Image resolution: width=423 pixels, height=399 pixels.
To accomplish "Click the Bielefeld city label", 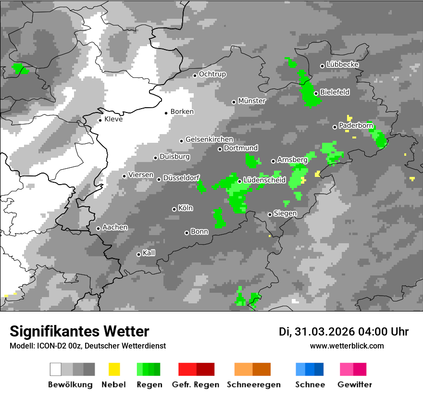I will click(335, 92).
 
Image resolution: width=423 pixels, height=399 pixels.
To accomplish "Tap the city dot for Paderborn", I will click(335, 127).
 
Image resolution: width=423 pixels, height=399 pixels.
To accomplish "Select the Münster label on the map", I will click(252, 101).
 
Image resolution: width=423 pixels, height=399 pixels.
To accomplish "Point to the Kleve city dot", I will click(100, 120).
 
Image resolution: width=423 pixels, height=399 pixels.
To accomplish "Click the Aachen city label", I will click(115, 227).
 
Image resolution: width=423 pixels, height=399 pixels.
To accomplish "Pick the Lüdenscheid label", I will click(264, 180).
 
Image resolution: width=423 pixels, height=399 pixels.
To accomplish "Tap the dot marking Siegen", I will click(270, 214).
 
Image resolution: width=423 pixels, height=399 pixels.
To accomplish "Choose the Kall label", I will click(149, 253).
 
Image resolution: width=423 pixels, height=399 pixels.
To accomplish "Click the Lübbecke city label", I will click(342, 64).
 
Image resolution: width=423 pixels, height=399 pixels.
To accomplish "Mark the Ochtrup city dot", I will click(195, 75).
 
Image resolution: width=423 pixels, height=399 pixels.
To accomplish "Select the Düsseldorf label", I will click(181, 178).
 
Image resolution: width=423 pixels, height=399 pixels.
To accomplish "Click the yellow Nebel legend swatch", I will click(114, 369).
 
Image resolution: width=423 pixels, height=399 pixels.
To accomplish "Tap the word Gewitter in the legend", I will click(355, 385).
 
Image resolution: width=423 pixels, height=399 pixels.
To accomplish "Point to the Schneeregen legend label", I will click(254, 385).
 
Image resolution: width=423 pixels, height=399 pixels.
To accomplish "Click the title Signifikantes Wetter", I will click(79, 331).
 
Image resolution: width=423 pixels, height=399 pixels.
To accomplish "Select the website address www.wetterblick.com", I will click(347, 346).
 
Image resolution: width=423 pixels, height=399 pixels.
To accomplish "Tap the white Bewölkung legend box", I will click(56, 369).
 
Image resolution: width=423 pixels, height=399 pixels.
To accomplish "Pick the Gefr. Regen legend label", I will click(196, 385).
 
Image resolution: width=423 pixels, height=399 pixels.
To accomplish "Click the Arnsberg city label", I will click(292, 160).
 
